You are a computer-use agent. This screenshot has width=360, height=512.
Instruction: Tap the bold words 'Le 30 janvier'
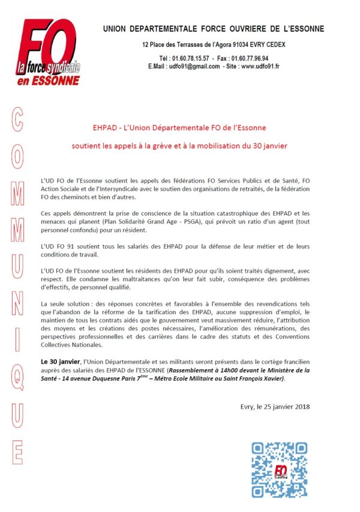click(x=60, y=362)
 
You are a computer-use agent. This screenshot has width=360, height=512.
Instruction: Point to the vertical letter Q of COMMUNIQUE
click(x=18, y=378)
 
